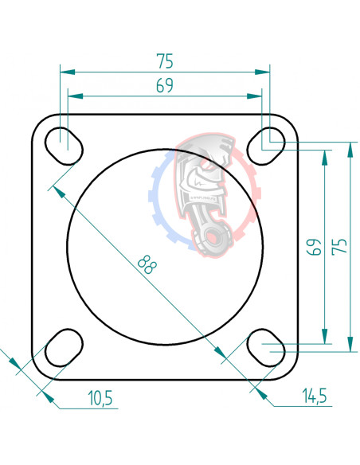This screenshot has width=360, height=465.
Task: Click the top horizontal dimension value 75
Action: pos(165,61)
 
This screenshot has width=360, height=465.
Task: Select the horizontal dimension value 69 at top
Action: pos(165,86)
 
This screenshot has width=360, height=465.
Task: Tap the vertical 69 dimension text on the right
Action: pos(314,247)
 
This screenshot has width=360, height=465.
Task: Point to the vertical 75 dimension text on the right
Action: pos(340,247)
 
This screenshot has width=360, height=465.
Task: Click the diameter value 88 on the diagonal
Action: pos(146,264)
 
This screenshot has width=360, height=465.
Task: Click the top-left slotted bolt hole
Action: pos(64,145)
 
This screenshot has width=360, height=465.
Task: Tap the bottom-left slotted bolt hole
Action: pos(64,347)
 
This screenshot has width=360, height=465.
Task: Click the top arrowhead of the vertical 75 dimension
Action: pos(350,148)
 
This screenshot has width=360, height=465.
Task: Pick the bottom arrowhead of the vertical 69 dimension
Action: pos(323,339)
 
